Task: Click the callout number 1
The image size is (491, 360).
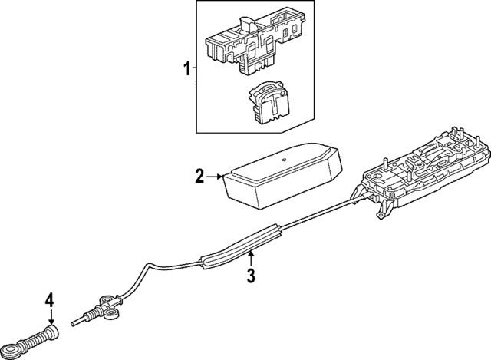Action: pyautogui.click(x=185, y=70)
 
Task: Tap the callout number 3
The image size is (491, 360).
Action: pyautogui.click(x=249, y=275)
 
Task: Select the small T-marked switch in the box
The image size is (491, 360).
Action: pyautogui.click(x=269, y=100)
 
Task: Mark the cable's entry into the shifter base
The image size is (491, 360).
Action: pyautogui.click(x=361, y=201)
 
